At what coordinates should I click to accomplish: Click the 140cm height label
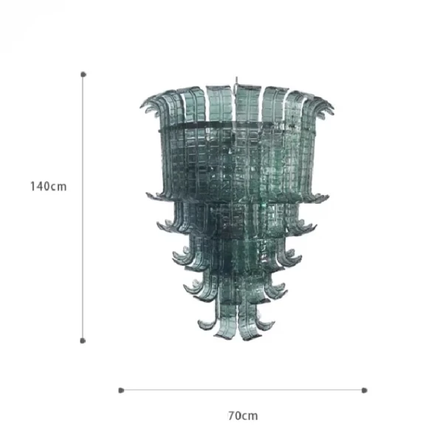[49, 187]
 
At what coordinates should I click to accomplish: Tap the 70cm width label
[243, 416]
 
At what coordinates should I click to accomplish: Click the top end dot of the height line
[83, 75]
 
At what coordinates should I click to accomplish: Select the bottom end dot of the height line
[83, 340]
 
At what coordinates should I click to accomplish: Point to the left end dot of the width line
[121, 391]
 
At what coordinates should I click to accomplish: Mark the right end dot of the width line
[365, 391]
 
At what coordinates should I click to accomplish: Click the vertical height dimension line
[83, 207]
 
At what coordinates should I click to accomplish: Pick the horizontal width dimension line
[243, 390]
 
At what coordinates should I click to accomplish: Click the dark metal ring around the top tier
[237, 124]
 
